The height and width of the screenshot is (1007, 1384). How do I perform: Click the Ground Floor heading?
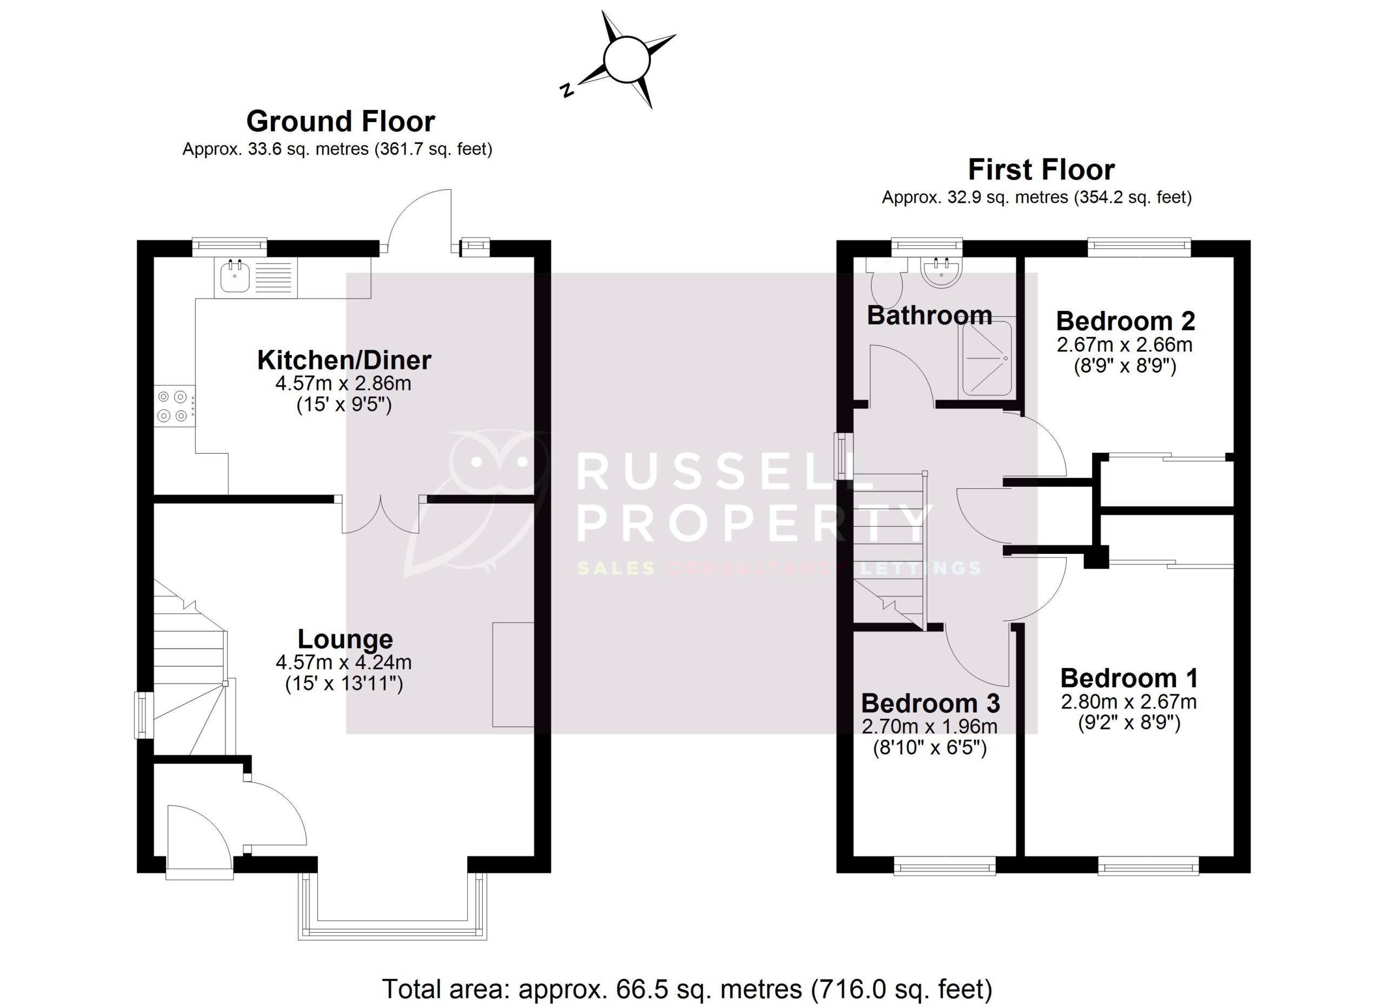point(341,122)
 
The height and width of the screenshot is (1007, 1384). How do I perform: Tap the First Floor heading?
point(1041,170)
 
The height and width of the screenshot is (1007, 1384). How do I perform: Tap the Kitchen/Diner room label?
point(344,360)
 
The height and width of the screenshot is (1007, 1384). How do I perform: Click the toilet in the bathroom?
point(887,284)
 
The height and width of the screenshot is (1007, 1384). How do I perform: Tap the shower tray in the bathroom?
point(987,357)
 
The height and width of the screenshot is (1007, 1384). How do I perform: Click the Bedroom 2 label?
point(1125,321)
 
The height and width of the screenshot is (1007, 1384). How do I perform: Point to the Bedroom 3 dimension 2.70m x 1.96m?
point(929,726)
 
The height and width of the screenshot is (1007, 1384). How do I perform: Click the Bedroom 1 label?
point(1128,678)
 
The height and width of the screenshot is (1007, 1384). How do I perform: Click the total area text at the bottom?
point(687,989)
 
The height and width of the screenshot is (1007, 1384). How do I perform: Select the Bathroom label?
point(929,315)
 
